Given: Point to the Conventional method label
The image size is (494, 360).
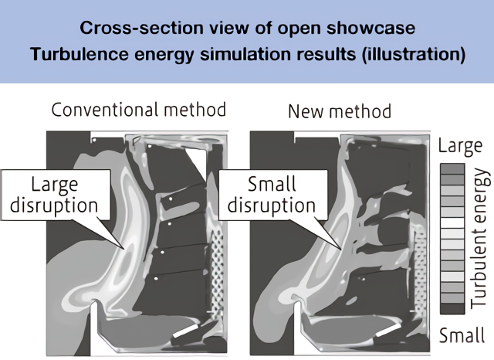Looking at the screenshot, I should pos(139,110).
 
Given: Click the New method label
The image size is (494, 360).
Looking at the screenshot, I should pos(339,111).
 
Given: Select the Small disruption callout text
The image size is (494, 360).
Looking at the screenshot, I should pos(272,196).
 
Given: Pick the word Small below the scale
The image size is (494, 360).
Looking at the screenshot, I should pos(461,335).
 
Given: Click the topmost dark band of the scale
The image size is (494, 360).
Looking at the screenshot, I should pos(452,168).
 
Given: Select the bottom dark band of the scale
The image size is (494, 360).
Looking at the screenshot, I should pos(452,307).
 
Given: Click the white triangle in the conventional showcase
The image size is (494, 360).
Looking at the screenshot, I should pos(199,165).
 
